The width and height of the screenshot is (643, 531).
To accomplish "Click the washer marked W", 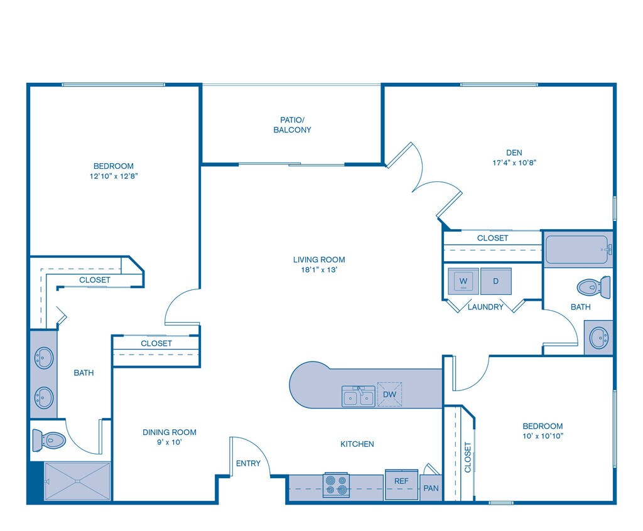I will coord(464,281).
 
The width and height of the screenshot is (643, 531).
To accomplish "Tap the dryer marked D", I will coord(496,281).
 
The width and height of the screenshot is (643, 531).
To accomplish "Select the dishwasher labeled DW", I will coord(389,394).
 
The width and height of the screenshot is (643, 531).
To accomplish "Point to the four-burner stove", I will coord(337,485).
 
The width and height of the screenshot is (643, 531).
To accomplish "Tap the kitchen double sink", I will coord(358,397).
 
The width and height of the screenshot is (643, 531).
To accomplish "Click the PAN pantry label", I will coord(431,488).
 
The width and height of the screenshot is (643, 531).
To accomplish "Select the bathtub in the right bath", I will coord(577,249).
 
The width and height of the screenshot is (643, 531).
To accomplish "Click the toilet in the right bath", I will coord(594,287).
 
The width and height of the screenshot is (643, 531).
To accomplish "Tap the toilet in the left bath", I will coord(49,439).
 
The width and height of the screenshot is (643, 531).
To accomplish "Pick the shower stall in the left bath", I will coord(78,481).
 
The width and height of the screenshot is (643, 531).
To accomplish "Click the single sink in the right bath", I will coord(598,338).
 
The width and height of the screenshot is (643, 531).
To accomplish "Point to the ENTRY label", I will coord(248,464).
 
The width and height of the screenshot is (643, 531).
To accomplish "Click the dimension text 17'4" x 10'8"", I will coord(514,163).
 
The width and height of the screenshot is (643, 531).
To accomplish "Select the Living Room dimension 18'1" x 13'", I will coord(319,271).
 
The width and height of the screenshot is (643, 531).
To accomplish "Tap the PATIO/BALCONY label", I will coord(292,124).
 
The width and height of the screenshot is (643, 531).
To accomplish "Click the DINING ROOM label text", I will coord(170,432).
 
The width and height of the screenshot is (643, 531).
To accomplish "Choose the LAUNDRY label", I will coord(486,307).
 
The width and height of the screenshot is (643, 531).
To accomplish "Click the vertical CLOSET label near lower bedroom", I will coord(468,458).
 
